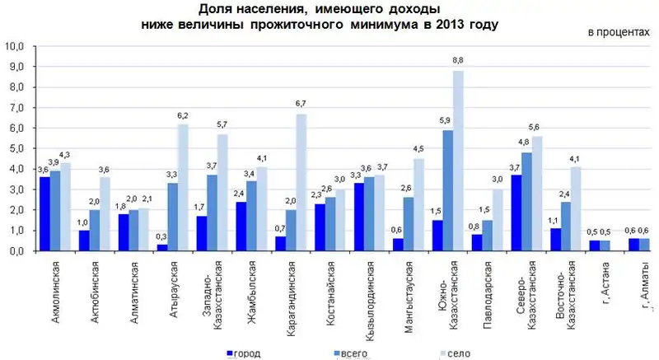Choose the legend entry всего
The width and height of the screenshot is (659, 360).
click(x=344, y=353)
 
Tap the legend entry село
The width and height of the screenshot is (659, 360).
click(x=454, y=353)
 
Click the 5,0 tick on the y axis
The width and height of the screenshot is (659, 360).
click(x=17, y=149)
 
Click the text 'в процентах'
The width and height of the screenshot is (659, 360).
click(x=614, y=32)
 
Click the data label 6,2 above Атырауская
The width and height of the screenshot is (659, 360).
click(x=183, y=116)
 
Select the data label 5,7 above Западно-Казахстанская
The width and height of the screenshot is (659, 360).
click(x=222, y=126)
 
